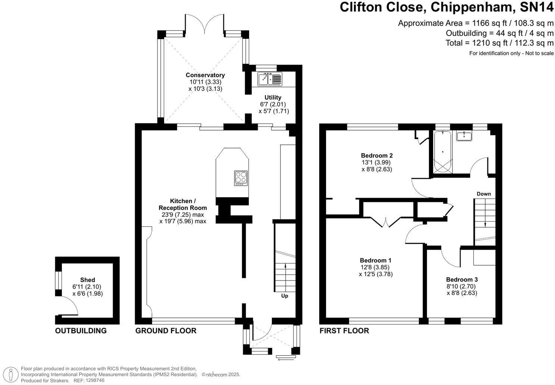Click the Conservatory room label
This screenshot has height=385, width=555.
point(205,75)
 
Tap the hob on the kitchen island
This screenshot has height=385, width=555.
point(241,178)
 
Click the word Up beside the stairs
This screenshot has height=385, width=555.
point(285,296)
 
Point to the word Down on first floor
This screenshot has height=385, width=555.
point(484,194)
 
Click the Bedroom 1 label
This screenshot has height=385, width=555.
point(376,260)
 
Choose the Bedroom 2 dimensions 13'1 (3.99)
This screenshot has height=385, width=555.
point(377,162)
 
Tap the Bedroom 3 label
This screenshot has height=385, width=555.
point(462,279)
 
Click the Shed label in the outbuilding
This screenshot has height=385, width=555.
point(88,280)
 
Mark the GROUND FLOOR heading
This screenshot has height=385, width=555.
point(166,331)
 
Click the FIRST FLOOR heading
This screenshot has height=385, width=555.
point(344,331)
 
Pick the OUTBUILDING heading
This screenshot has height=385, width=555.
point(81,331)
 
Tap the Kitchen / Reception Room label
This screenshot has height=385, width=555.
point(183,204)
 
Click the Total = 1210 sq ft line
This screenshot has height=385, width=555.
point(499,43)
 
